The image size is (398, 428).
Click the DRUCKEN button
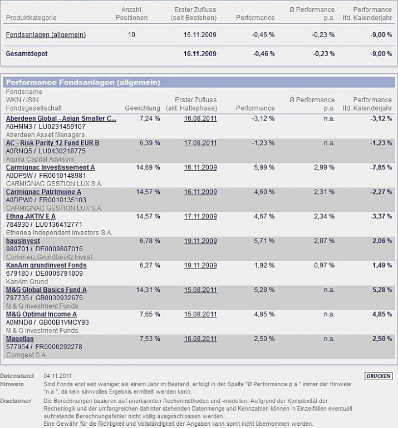point(379,376)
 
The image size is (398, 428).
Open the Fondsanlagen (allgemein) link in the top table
point(46,34)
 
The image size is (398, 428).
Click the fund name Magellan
point(20,339)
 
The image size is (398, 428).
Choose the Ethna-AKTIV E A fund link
point(31,216)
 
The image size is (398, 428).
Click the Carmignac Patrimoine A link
point(43,192)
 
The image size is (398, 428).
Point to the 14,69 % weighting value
point(148,167)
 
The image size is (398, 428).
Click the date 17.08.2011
point(200,143)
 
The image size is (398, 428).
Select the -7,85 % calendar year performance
point(381,167)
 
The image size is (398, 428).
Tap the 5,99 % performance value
point(263,167)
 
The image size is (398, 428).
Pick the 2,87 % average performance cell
point(323,241)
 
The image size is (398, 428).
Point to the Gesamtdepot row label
point(27,54)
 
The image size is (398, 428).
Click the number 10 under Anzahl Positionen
point(131,34)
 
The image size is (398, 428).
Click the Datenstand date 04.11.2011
point(57,376)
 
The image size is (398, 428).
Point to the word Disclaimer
point(16,400)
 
